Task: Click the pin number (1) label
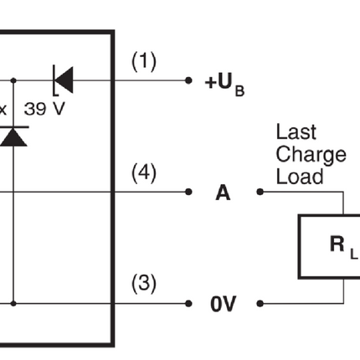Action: click(x=144, y=61)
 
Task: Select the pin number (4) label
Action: click(x=144, y=173)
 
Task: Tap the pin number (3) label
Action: click(x=144, y=284)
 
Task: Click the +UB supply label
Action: click(x=224, y=85)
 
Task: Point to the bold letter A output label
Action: click(x=223, y=193)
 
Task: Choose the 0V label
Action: click(x=224, y=304)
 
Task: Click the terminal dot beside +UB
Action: click(x=188, y=80)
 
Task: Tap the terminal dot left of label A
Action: click(x=188, y=192)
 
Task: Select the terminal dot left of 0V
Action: click(x=188, y=303)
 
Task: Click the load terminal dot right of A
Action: click(x=260, y=192)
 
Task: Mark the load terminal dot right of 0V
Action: click(x=260, y=303)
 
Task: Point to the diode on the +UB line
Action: click(x=64, y=80)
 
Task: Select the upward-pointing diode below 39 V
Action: click(x=13, y=136)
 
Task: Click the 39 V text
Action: click(x=44, y=109)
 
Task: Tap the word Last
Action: click(x=296, y=131)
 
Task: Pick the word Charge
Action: click(x=311, y=155)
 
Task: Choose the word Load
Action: click(x=300, y=177)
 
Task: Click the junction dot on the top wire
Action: click(x=13, y=80)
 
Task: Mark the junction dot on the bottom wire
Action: click(x=13, y=303)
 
